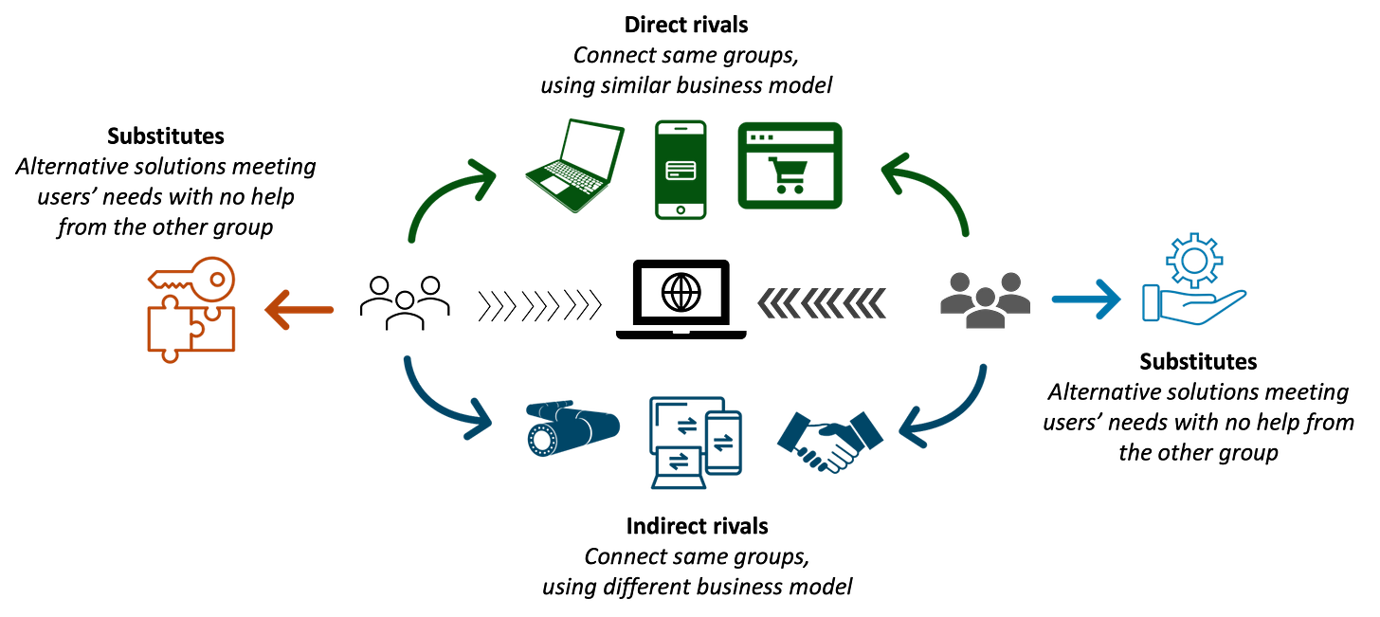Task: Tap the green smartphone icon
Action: pyautogui.click(x=681, y=170)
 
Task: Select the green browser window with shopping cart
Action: pyautogui.click(x=789, y=165)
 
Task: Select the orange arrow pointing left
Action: pyautogui.click(x=299, y=309)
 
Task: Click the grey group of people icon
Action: pyautogui.click(x=985, y=299)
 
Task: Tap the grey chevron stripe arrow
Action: pyautogui.click(x=822, y=302)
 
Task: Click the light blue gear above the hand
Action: pyautogui.click(x=1195, y=258)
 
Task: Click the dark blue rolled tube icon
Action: pyautogui.click(x=572, y=429)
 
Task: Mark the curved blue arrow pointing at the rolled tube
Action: pyautogui.click(x=440, y=403)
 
